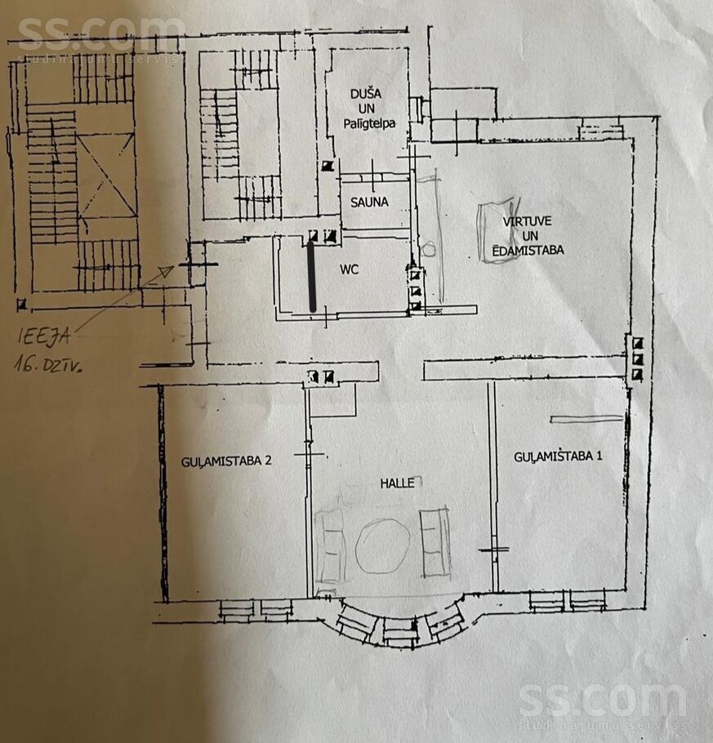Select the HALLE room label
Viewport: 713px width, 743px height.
[397, 483]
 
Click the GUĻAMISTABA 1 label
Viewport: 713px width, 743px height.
[558, 456]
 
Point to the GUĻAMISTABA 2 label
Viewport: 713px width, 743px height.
[226, 460]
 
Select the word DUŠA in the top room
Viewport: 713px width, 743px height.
[365, 95]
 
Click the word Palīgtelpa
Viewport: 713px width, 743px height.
[367, 123]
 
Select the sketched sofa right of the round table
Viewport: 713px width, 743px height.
[434, 541]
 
